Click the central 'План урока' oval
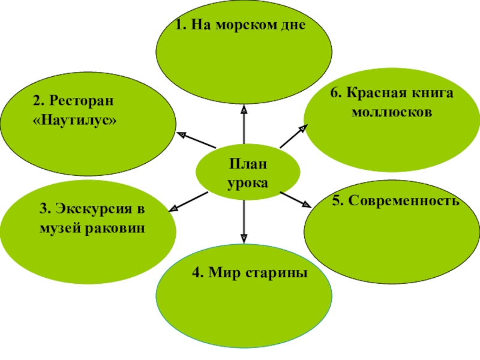[248, 173]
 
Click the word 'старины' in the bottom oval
[275, 273]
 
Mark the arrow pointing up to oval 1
[244, 126]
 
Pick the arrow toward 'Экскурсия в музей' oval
[188, 200]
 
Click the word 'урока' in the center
[247, 182]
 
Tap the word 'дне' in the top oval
[292, 26]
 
